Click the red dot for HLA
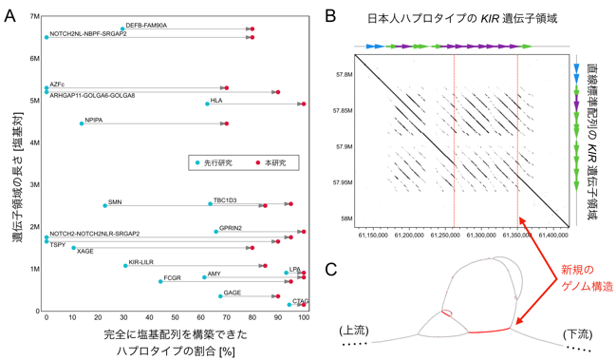tap(304, 104)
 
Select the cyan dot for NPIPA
tap(82, 123)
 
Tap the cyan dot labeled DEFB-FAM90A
tap(122, 28)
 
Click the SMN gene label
tap(115, 202)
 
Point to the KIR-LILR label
tap(141, 262)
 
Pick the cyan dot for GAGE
tap(220, 296)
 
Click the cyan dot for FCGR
tap(160, 281)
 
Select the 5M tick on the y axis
tap(35, 101)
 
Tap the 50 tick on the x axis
tap(176, 317)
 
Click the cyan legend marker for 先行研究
tap(197, 162)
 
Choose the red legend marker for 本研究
tap(258, 162)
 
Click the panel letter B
tap(331, 16)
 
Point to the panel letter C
tap(331, 269)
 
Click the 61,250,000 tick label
tap(445, 235)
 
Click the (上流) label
tap(354, 331)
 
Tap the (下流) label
tap(577, 334)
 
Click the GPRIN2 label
tap(231, 228)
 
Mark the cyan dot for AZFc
tap(47, 88)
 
